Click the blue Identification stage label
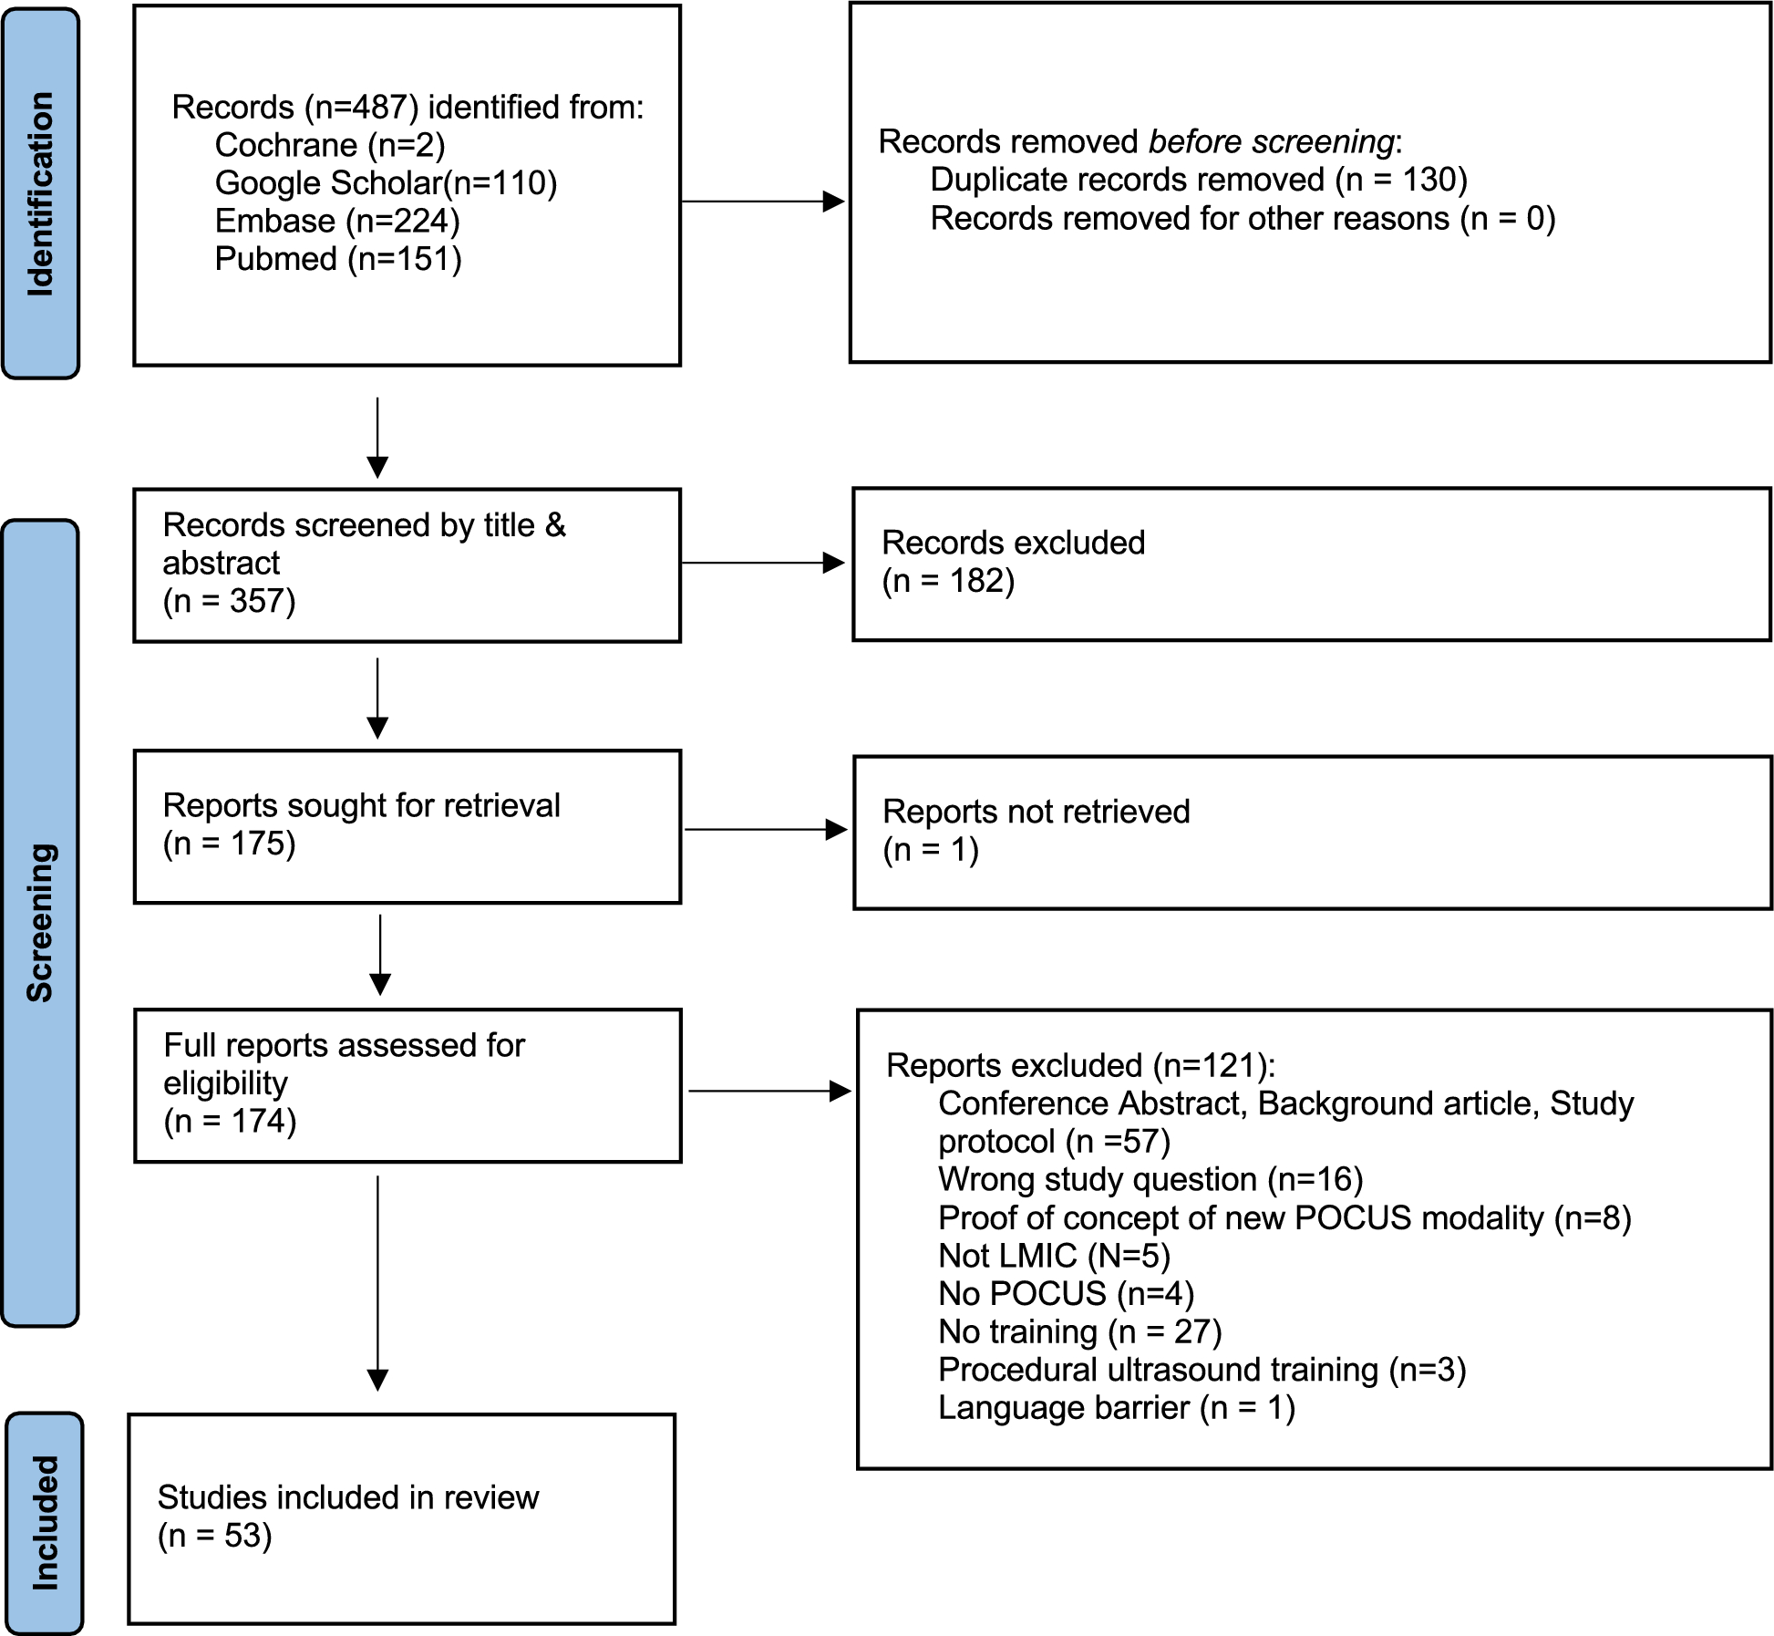[41, 193]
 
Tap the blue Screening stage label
[41, 923]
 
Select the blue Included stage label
[45, 1523]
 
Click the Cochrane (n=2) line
[330, 145]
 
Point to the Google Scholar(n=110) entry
[386, 183]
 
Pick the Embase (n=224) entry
[337, 222]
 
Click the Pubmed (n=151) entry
[338, 259]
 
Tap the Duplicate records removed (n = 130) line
[1199, 180]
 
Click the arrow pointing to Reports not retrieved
[766, 829]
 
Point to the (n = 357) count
[230, 601]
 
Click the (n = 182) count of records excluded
[948, 581]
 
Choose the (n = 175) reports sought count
[230, 844]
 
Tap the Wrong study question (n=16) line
[1150, 1179]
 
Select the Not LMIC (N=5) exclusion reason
[1054, 1256]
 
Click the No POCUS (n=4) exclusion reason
[1066, 1293]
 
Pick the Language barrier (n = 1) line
[1117, 1407]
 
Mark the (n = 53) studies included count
[215, 1536]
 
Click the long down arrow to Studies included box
[377, 1283]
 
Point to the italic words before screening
[1272, 141]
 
